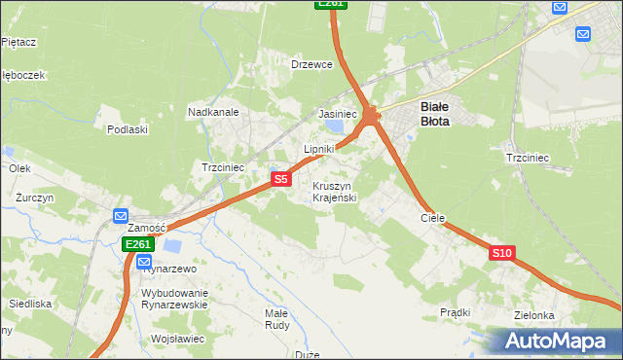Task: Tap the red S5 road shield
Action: pyautogui.click(x=280, y=179)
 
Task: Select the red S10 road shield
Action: pyautogui.click(x=501, y=253)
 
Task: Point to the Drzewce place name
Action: pyautogui.click(x=312, y=64)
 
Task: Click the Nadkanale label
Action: pyautogui.click(x=213, y=112)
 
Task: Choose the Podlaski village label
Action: pyautogui.click(x=128, y=129)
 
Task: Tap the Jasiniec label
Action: pyautogui.click(x=338, y=114)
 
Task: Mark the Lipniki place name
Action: pyautogui.click(x=318, y=149)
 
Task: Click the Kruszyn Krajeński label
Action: pyautogui.click(x=335, y=192)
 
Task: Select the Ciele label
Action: pyautogui.click(x=432, y=219)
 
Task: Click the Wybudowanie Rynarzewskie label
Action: pyautogui.click(x=175, y=299)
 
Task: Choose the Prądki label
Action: pyautogui.click(x=455, y=312)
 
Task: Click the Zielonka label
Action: pyautogui.click(x=535, y=315)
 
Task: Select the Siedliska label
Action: pyautogui.click(x=30, y=304)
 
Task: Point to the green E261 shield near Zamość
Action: pyautogui.click(x=137, y=245)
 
